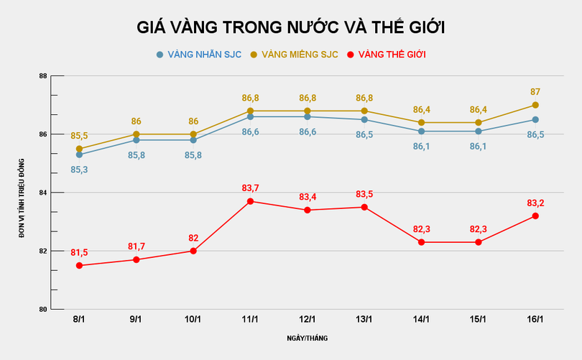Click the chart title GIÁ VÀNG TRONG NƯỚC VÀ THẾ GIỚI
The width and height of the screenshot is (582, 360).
point(291,28)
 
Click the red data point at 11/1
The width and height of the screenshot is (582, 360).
point(250,201)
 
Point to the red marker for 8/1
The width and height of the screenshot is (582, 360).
point(79,266)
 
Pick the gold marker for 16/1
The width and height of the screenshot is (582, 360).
point(535,105)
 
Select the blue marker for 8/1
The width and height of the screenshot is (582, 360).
point(79,154)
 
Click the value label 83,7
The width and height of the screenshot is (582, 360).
point(250,188)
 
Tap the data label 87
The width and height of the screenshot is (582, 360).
point(535,92)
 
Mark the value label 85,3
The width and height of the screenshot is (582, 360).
point(79,170)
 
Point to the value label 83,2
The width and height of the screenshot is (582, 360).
point(535,203)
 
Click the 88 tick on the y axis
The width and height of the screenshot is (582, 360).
point(43,76)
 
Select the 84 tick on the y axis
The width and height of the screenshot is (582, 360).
point(43,193)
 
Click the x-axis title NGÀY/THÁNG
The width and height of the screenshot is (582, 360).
point(307,338)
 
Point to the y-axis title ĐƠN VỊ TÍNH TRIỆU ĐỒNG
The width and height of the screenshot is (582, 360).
point(22,193)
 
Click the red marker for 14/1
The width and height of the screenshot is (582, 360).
point(421,242)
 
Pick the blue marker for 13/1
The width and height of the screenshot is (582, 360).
point(364,119)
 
